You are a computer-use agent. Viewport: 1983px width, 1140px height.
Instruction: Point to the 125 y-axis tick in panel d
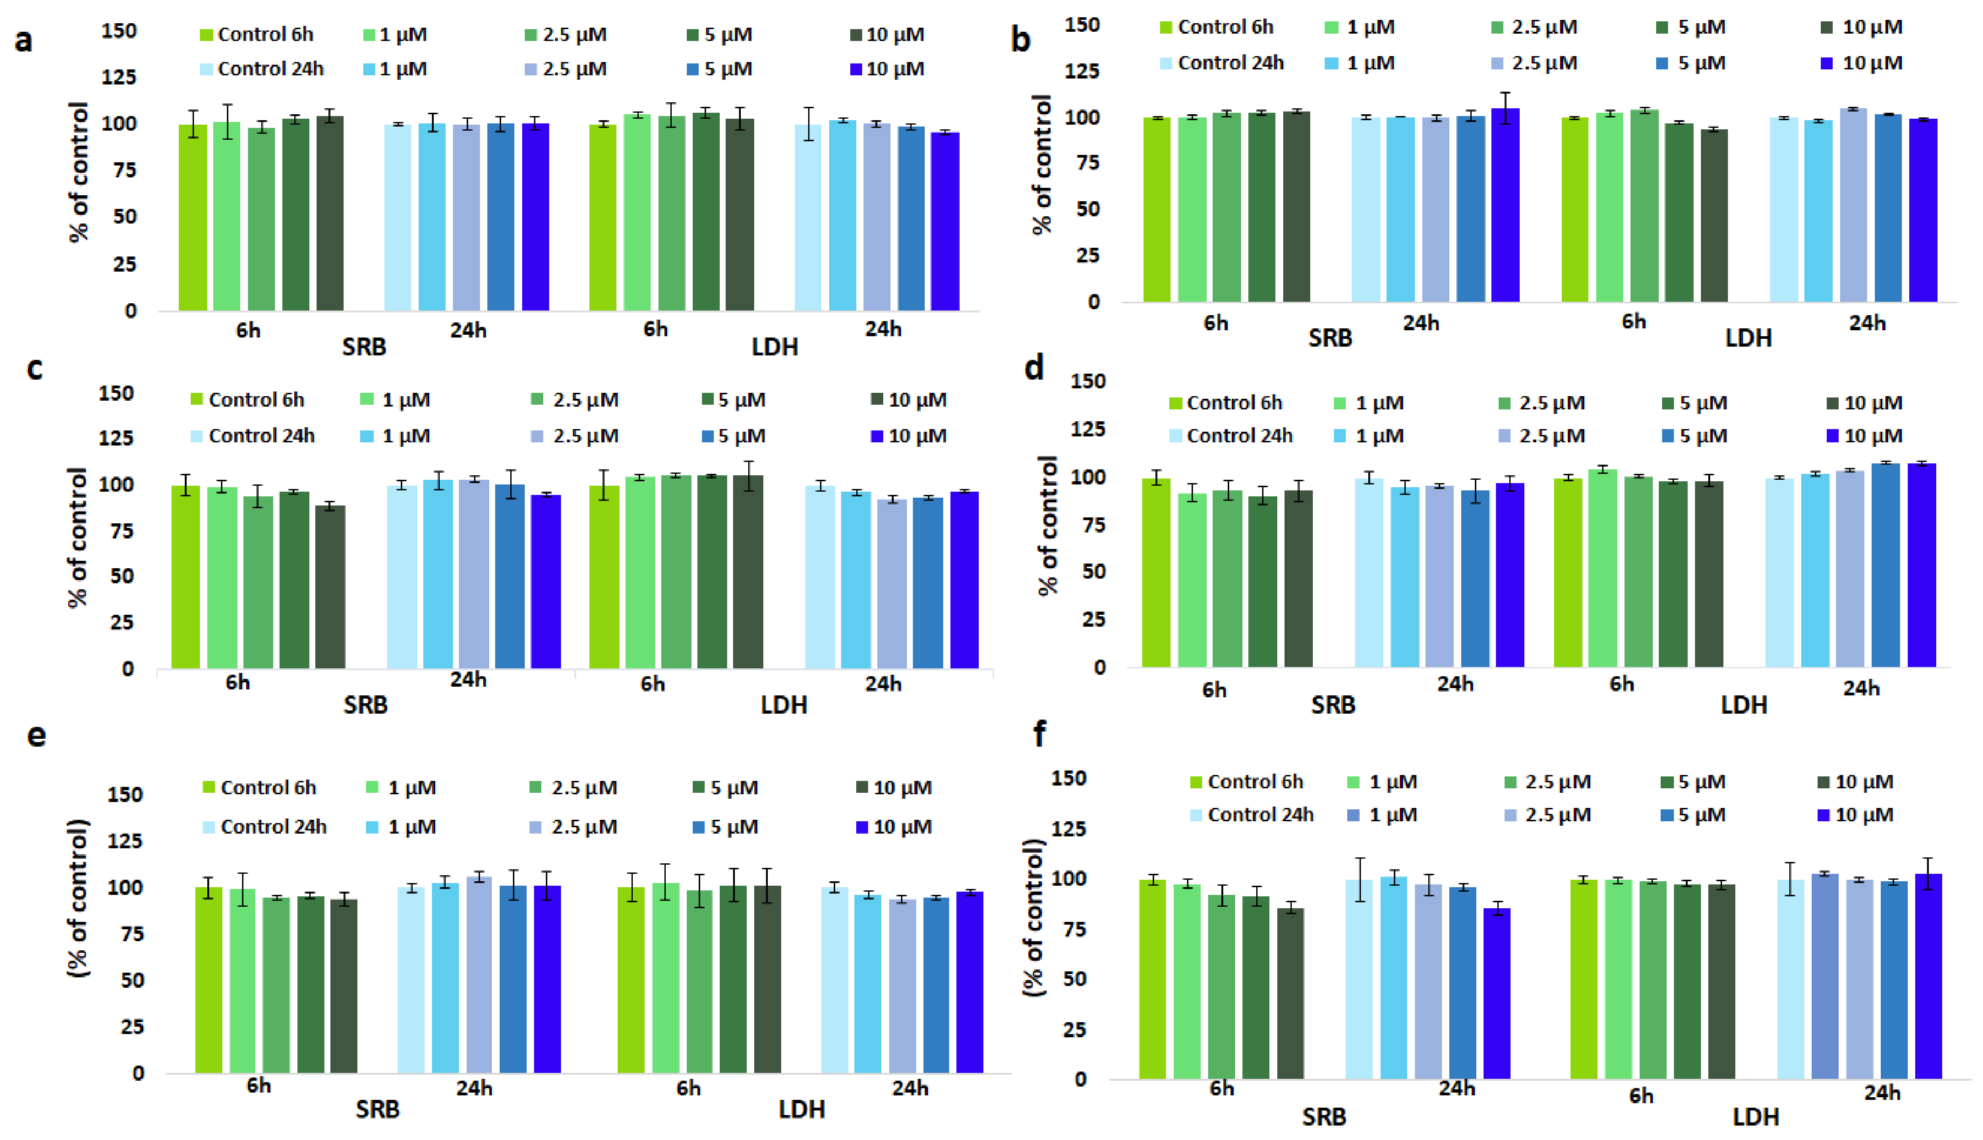point(1088,429)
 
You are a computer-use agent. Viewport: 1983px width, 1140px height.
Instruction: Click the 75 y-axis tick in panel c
point(116,531)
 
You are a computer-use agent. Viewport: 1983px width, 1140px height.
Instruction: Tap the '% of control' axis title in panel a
point(79,172)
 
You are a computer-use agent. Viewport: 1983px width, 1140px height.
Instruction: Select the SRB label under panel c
point(365,705)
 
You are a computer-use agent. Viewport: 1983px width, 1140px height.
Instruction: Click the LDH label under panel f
point(1755,1116)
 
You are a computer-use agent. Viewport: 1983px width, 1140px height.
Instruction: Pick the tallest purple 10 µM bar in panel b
point(1505,205)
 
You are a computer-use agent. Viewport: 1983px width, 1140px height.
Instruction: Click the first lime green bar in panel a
point(193,218)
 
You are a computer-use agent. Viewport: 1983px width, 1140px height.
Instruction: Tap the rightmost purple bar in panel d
point(1921,565)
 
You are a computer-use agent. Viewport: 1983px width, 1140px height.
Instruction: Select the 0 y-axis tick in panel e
point(138,1073)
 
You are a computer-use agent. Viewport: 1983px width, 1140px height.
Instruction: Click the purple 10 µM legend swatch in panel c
point(877,436)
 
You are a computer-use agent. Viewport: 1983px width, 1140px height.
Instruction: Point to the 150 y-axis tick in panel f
point(1069,779)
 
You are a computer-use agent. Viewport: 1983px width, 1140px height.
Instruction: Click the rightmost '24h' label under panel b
point(1867,322)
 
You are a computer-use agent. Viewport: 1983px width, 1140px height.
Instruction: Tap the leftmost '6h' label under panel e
point(259,1086)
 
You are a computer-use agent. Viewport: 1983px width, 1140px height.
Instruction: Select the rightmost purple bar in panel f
point(1928,977)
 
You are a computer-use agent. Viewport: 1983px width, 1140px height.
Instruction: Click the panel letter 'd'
point(1034,367)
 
